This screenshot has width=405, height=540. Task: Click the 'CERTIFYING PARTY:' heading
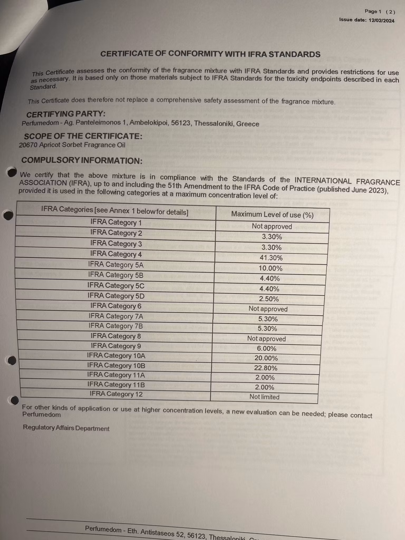click(66, 114)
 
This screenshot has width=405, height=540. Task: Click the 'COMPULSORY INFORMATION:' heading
click(82, 160)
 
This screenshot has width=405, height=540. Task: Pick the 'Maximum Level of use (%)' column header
click(272, 215)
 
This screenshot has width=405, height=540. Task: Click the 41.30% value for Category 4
click(271, 258)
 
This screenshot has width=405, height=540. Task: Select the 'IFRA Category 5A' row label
click(116, 264)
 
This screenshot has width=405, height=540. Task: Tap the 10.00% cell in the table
click(270, 268)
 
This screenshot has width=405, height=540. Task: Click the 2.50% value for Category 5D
click(269, 299)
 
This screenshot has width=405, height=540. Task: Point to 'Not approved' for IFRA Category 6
click(268, 309)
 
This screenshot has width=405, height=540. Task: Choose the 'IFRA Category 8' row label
click(116, 336)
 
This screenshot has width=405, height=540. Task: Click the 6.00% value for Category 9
click(267, 348)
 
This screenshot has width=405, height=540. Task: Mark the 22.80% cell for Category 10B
click(266, 368)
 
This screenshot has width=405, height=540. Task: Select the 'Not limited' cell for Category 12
click(264, 397)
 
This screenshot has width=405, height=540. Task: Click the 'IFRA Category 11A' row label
click(116, 375)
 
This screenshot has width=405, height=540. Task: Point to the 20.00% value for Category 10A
click(266, 358)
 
